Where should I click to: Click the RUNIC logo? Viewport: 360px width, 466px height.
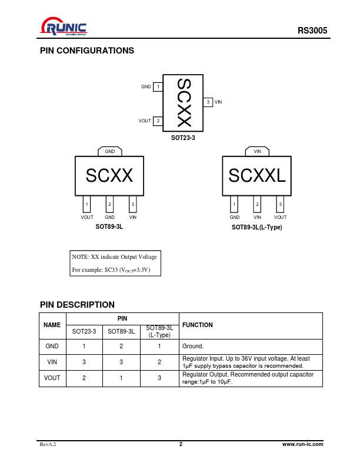(64, 26)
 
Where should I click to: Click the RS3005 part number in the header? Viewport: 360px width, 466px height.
(312, 31)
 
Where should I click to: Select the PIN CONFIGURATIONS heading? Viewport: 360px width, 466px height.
(87, 51)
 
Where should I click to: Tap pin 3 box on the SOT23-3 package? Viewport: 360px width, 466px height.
(208, 102)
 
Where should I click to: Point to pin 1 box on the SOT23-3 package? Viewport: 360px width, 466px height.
(158, 86)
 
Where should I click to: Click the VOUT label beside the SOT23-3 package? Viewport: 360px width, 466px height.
(145, 121)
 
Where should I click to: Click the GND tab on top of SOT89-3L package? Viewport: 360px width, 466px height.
(110, 151)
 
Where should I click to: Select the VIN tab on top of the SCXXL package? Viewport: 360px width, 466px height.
(257, 151)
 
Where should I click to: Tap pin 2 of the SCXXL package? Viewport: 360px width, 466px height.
(257, 204)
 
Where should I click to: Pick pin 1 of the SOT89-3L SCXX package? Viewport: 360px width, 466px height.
(86, 204)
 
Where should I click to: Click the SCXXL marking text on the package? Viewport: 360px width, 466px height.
(257, 175)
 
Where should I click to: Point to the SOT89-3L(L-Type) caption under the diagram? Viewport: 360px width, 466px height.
(257, 227)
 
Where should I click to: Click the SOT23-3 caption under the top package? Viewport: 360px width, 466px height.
(183, 138)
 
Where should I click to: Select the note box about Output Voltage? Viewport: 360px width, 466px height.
(115, 264)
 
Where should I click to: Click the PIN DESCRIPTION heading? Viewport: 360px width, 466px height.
(77, 305)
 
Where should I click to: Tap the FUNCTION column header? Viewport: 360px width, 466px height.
(198, 325)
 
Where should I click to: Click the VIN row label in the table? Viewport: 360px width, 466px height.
(52, 362)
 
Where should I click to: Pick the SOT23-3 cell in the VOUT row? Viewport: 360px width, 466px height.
(84, 378)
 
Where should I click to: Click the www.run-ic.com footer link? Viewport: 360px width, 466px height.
(303, 444)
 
